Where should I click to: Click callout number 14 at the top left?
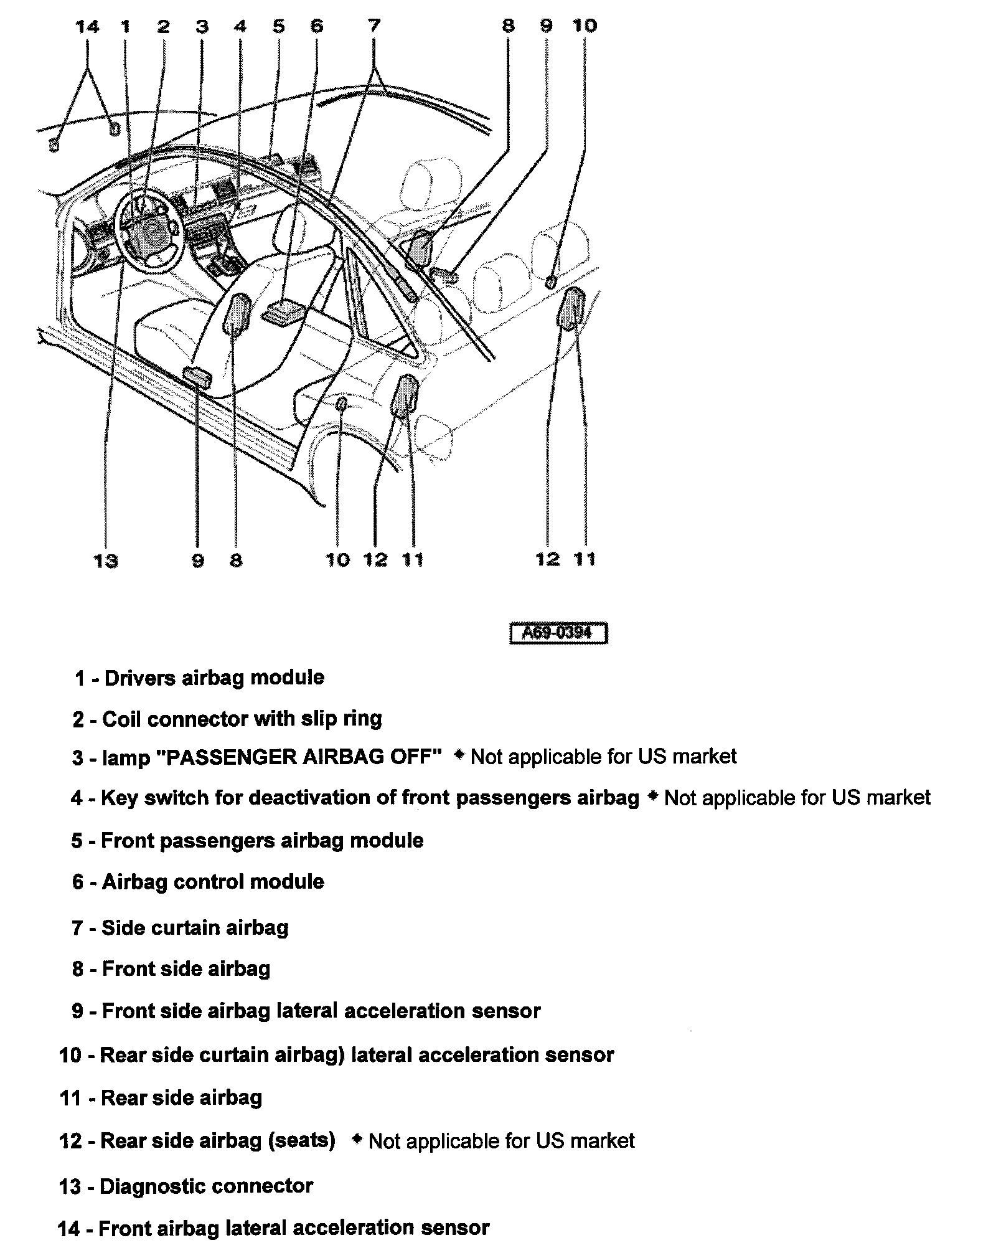click(87, 27)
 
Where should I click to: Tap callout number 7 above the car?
click(374, 26)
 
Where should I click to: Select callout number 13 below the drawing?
click(105, 561)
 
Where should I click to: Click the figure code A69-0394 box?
click(558, 633)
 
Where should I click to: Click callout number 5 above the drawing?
click(278, 26)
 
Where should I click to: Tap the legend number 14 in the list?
click(69, 1229)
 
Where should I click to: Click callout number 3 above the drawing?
click(202, 26)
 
